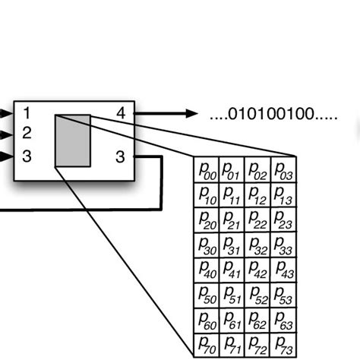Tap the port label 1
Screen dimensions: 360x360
click(x=27, y=114)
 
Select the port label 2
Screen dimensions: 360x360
click(x=27, y=134)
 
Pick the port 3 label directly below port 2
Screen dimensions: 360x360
click(x=27, y=156)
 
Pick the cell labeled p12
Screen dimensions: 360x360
click(x=258, y=195)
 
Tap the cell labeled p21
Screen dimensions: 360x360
click(x=232, y=220)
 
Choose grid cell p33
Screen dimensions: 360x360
click(x=284, y=245)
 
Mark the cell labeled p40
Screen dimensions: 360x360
click(x=207, y=270)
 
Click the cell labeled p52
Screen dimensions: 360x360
click(x=258, y=295)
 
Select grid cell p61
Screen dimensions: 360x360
click(x=232, y=321)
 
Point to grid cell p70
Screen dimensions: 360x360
click(x=207, y=346)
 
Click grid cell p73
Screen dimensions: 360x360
click(x=284, y=346)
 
